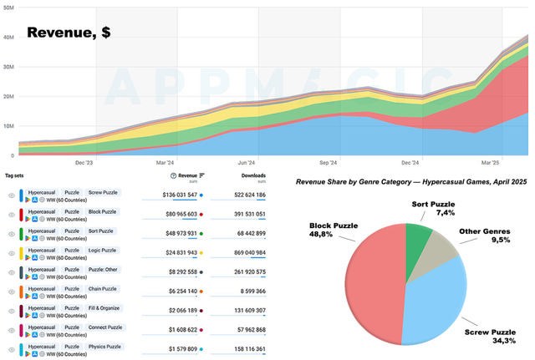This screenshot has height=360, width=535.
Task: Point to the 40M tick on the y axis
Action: (8, 37)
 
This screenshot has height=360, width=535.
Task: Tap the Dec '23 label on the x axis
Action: (84, 163)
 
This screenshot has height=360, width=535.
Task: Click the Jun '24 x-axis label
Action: (247, 163)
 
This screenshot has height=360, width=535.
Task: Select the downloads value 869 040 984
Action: (238, 252)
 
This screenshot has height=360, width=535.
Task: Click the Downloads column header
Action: (248, 175)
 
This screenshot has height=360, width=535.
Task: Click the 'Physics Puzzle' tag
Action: (104, 346)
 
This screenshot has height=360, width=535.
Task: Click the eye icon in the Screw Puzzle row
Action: (12, 195)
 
